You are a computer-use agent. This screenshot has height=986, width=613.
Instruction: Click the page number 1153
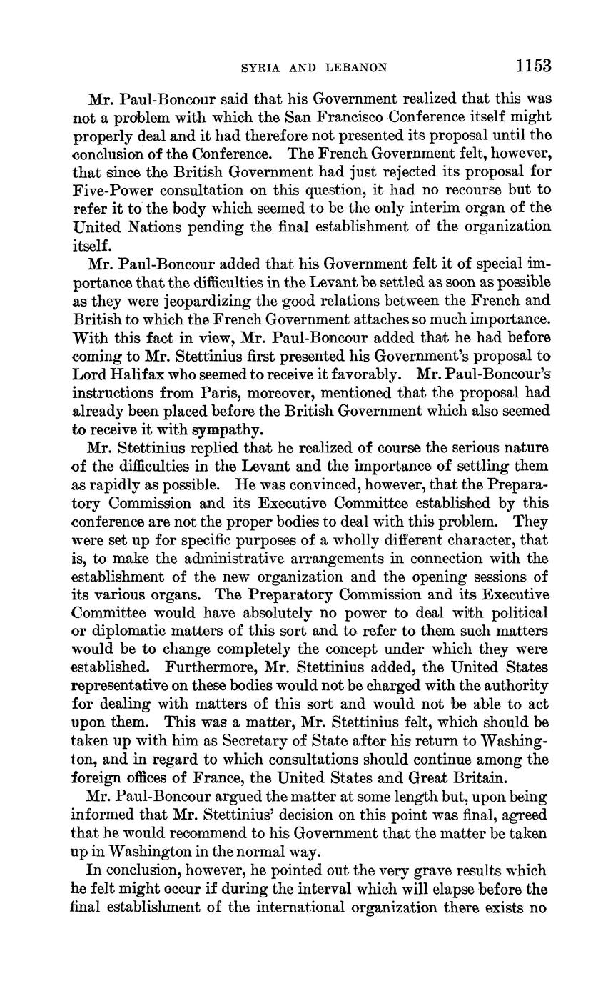(x=533, y=66)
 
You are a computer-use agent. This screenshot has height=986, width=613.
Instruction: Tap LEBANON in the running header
(x=356, y=68)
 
